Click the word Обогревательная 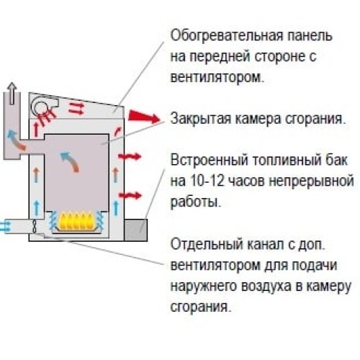pyautogui.click(x=227, y=36)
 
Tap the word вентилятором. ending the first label pyautogui.click(x=217, y=77)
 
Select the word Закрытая pyautogui.click(x=200, y=118)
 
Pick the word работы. pyautogui.click(x=195, y=203)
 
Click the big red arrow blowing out pyautogui.click(x=143, y=116)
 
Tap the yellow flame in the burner pyautogui.click(x=76, y=220)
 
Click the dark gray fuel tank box pyautogui.click(x=135, y=230)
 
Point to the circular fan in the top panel pyautogui.click(x=40, y=106)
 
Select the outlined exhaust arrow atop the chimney pyautogui.click(x=12, y=93)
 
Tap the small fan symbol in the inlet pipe pyautogui.click(x=35, y=227)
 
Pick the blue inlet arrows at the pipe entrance pyautogui.click(x=5, y=226)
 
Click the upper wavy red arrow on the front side pyautogui.click(x=130, y=157)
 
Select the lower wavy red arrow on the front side pyautogui.click(x=130, y=195)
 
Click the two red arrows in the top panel pyautogui.click(x=76, y=108)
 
